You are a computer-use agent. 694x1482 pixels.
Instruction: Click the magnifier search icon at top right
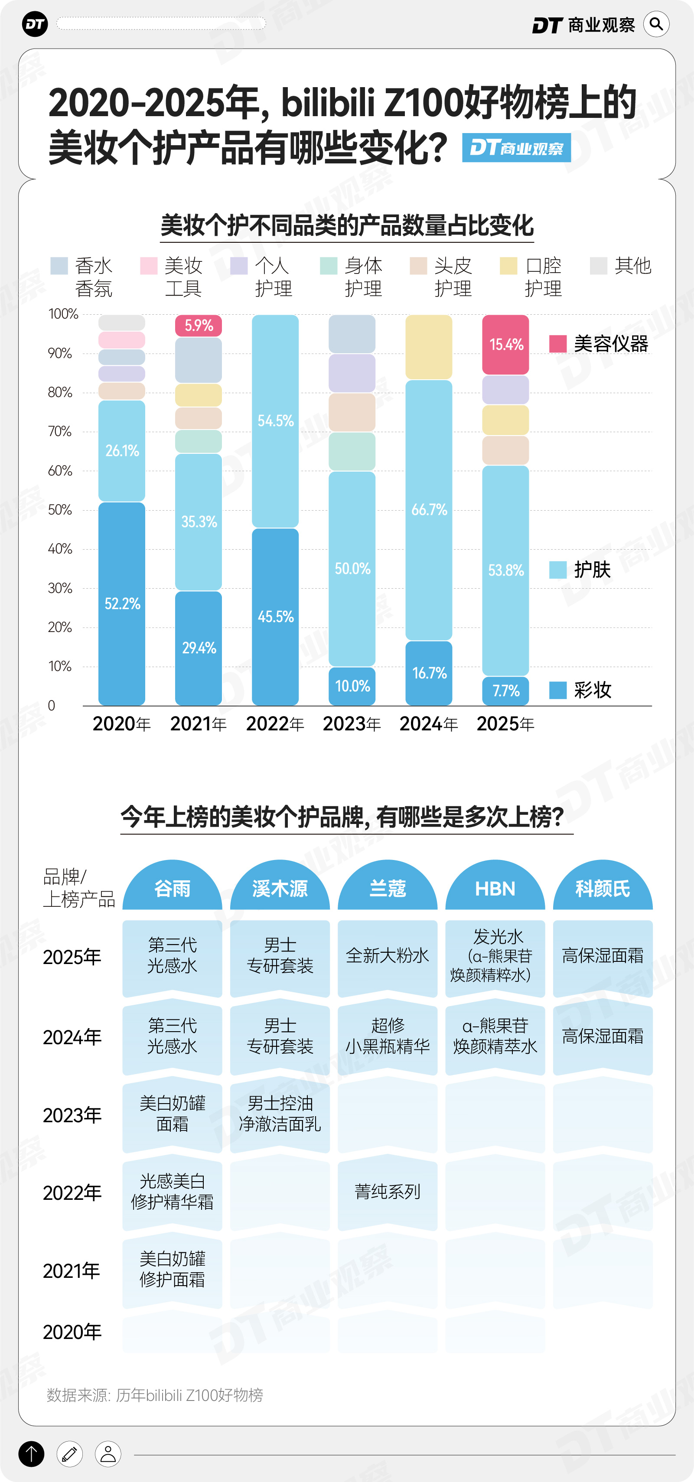pos(656,24)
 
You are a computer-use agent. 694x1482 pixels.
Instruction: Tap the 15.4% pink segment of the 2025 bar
pos(505,345)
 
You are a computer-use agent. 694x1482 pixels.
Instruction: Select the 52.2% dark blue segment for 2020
pos(121,603)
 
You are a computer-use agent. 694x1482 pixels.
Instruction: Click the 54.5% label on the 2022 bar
pos(275,420)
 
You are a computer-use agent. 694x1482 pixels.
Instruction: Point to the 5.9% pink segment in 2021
pos(199,326)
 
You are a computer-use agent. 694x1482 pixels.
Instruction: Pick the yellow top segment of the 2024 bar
pos(429,347)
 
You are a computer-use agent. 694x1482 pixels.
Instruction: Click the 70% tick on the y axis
pos(60,431)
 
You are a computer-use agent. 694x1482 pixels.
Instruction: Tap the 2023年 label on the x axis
pos(352,724)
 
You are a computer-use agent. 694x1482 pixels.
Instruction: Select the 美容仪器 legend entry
pos(599,344)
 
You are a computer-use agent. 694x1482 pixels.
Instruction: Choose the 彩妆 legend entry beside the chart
pos(581,690)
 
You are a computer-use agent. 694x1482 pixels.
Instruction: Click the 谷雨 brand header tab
pos(172,888)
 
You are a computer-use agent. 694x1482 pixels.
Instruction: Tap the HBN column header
pos(495,888)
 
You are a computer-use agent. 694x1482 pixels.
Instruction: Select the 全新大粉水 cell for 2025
pos(387,956)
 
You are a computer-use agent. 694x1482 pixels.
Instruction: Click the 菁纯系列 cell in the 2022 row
pos(387,1192)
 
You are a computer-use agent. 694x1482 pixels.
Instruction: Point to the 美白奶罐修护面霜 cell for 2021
pos(172,1269)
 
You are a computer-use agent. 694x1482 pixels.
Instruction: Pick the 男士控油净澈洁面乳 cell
pos(280,1114)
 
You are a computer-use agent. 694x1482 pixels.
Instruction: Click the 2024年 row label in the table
pos(72,1037)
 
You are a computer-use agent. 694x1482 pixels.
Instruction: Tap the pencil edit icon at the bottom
pos(70,1454)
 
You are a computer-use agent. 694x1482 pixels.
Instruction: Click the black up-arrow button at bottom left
pos(32,1454)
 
